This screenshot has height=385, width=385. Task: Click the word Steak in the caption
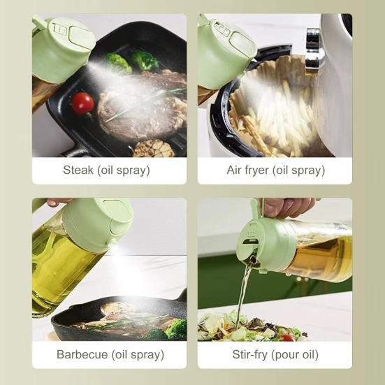79,170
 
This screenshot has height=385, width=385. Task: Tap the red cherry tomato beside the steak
82,103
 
